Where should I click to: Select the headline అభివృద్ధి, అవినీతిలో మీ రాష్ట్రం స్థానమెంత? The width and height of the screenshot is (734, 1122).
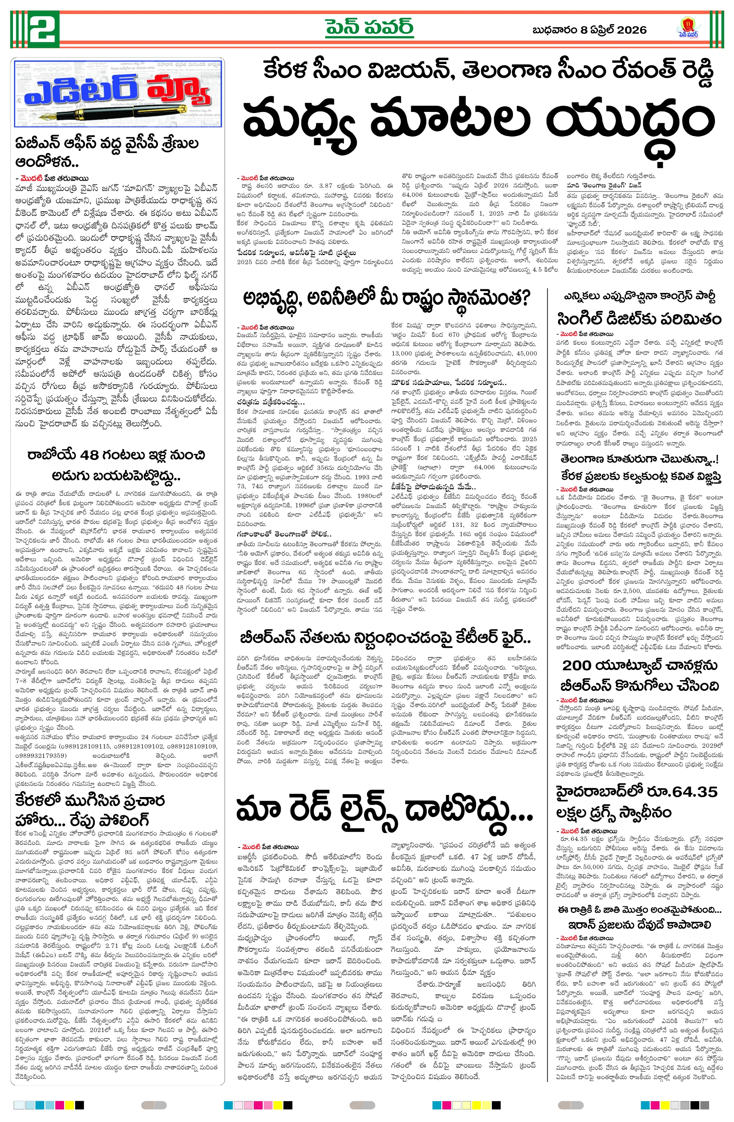click(x=386, y=298)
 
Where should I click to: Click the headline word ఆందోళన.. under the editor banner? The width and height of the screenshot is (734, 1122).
click(x=47, y=162)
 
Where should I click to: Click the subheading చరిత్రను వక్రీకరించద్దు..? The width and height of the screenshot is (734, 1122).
click(x=271, y=402)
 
